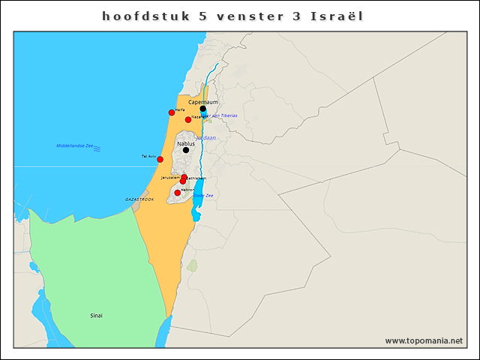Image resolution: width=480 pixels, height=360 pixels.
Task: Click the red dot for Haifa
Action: coord(172,112)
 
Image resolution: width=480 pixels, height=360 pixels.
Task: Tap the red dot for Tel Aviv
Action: coord(160,159)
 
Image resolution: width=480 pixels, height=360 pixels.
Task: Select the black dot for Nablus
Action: coord(186,150)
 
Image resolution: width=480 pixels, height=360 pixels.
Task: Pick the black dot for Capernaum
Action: coord(202,109)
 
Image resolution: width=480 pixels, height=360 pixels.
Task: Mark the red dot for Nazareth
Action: coord(188,119)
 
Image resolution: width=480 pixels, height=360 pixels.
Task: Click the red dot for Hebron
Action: coord(178,193)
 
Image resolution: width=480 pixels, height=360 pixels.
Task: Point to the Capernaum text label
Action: coord(203,101)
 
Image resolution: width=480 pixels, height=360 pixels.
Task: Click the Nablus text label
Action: coord(186,142)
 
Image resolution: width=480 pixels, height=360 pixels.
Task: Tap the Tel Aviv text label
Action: coord(148,156)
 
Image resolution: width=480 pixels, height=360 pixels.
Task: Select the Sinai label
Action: coord(97,316)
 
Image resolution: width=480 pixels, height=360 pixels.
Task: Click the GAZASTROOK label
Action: coord(139,199)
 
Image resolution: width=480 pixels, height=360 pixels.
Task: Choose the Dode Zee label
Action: coord(204,195)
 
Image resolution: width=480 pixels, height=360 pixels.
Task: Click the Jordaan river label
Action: coord(205,138)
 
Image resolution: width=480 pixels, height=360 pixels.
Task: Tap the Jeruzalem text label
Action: coord(170,178)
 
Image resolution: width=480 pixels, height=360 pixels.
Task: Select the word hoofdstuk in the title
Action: coord(140,16)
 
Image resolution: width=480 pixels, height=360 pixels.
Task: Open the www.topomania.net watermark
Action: coord(424,340)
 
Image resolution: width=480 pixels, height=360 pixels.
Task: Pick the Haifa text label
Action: coord(180,109)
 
